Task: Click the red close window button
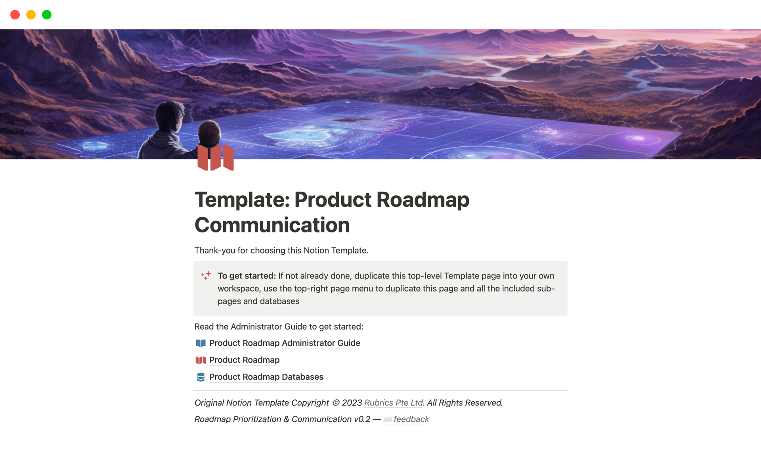[15, 15]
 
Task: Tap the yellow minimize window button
[31, 15]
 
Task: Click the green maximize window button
[47, 15]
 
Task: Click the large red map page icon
[216, 157]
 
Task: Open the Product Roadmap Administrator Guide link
[285, 343]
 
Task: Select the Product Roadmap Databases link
[266, 377]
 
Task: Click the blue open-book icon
[201, 343]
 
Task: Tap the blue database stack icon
[201, 377]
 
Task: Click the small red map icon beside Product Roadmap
[201, 360]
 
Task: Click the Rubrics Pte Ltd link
[394, 403]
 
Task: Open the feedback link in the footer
[411, 419]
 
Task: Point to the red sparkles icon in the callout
[206, 276]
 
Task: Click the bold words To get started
[247, 276]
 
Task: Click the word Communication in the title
[272, 225]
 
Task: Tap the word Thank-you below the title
[214, 251]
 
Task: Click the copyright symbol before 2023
[336, 403]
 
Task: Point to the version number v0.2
[362, 419]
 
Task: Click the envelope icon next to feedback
[388, 419]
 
